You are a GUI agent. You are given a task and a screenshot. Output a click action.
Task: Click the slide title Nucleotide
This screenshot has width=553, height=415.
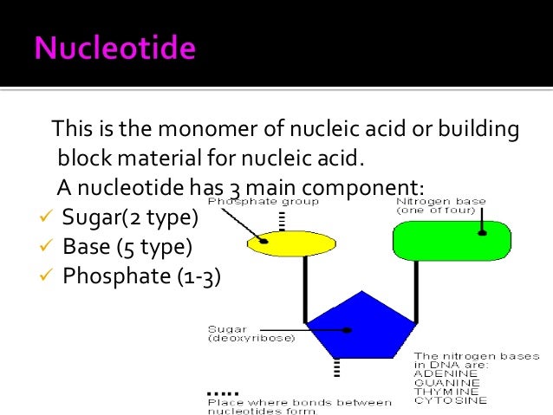coord(114,48)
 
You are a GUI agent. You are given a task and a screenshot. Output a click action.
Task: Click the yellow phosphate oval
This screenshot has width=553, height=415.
coord(291,244)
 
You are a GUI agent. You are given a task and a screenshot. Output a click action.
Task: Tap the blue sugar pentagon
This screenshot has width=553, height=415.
coord(356,327)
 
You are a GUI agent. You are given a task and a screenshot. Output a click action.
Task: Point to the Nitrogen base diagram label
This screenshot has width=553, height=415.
coord(440,205)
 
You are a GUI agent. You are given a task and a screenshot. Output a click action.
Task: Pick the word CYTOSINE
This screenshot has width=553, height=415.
coord(450,400)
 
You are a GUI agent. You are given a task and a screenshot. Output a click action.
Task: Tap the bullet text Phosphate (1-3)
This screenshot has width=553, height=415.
coord(141,276)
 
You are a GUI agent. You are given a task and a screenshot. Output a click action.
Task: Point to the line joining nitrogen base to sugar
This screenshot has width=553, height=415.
coord(416,295)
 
